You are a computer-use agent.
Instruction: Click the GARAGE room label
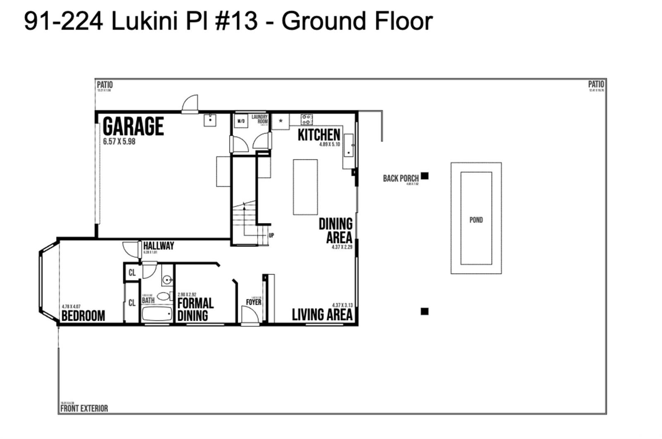coord(133,126)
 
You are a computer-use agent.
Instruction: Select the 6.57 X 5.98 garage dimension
coord(119,142)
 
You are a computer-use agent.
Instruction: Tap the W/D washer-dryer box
coord(241,122)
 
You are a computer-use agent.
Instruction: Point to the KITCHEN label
coord(319,134)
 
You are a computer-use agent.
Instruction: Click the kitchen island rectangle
coord(305,187)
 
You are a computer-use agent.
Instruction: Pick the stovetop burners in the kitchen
coord(307,120)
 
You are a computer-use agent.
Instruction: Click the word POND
coord(476,220)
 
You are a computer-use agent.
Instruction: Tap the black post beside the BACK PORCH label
coord(425,176)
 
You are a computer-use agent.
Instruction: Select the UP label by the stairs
coord(271,235)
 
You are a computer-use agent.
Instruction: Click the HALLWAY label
coord(158,246)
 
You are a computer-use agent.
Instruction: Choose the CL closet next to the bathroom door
coord(132,273)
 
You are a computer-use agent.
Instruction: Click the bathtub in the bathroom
coord(157,314)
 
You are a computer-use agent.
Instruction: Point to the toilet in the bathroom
coord(164,296)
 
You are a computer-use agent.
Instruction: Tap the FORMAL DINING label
coord(195,309)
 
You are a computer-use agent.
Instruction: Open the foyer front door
coord(250,317)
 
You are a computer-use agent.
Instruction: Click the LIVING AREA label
coord(322,315)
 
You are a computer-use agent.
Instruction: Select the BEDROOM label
coord(83,316)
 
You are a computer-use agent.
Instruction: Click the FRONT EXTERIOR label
coord(84,408)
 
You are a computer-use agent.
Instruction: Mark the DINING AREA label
coord(336,231)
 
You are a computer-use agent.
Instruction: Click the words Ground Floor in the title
coord(357,21)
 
